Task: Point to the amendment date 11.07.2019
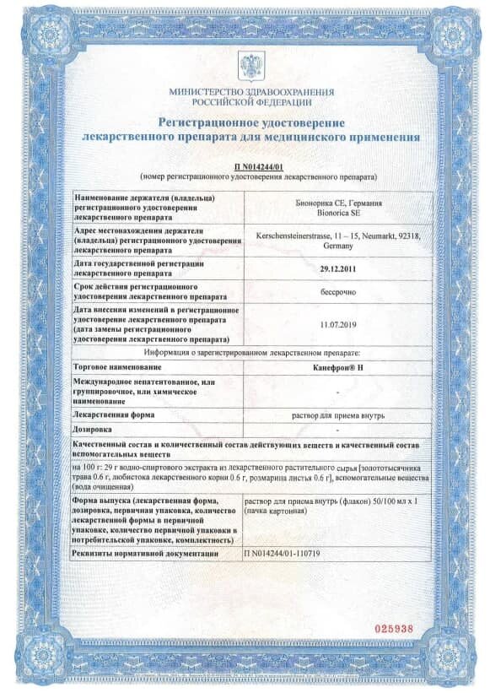(337, 323)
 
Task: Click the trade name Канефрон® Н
(337, 368)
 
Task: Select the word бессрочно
(337, 292)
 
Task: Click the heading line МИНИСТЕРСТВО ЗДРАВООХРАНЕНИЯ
(251, 91)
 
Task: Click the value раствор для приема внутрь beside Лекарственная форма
(337, 415)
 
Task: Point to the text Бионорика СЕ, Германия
(337, 203)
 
